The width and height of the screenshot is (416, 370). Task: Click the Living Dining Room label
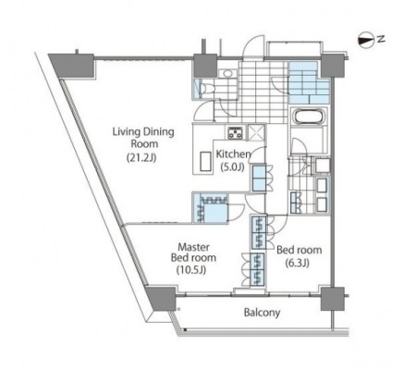tap(143, 138)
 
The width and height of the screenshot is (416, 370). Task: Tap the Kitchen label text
tap(233, 154)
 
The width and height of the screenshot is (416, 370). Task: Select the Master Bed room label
tap(193, 253)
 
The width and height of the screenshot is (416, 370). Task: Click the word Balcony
tap(262, 313)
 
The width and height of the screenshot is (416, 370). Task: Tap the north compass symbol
tap(365, 40)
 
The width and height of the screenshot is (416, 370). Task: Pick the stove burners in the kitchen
tap(236, 132)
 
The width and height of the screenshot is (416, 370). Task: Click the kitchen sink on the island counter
tap(205, 161)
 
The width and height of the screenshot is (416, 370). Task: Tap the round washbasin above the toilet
tap(227, 74)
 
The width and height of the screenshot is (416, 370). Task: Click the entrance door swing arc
tap(252, 46)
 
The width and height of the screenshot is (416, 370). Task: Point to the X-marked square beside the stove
tap(256, 132)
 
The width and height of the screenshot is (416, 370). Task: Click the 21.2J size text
tap(141, 157)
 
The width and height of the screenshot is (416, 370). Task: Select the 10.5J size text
tap(191, 270)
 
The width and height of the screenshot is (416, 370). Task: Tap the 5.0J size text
tap(233, 167)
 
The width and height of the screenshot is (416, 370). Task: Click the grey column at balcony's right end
tap(332, 299)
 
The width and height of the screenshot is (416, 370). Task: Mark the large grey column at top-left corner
tap(72, 66)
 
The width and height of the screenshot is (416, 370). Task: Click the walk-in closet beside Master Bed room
tap(210, 208)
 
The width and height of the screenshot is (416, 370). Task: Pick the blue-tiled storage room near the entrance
tap(308, 82)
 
